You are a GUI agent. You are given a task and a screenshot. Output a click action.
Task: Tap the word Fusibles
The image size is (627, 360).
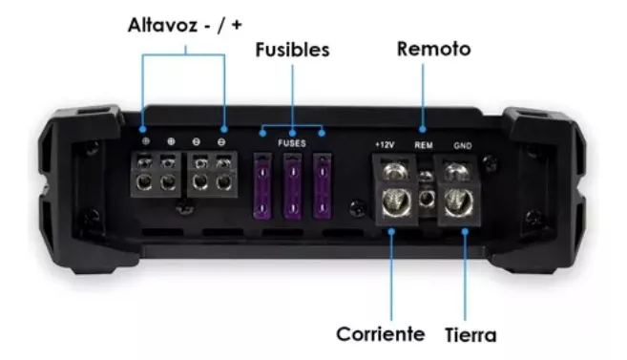(x=292, y=50)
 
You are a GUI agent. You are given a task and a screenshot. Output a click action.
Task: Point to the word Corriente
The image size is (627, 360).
(x=380, y=334)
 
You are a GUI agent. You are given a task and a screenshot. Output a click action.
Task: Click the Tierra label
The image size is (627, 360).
(x=470, y=335)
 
